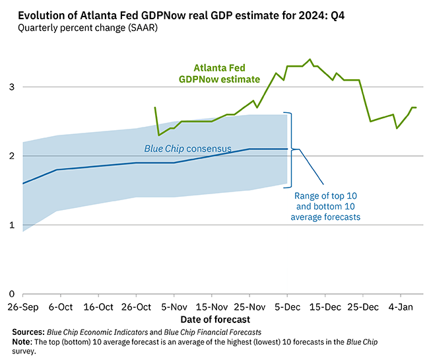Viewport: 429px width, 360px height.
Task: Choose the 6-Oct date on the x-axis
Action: click(x=60, y=307)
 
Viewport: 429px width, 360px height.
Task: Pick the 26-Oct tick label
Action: click(x=136, y=307)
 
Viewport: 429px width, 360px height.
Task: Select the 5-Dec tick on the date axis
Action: click(x=287, y=307)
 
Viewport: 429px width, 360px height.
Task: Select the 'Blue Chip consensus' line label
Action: click(x=187, y=149)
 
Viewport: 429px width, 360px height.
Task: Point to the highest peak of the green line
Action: click(x=310, y=59)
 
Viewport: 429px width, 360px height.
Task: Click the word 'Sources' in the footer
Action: click(x=28, y=332)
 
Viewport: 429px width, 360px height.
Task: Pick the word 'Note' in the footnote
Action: click(x=23, y=342)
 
